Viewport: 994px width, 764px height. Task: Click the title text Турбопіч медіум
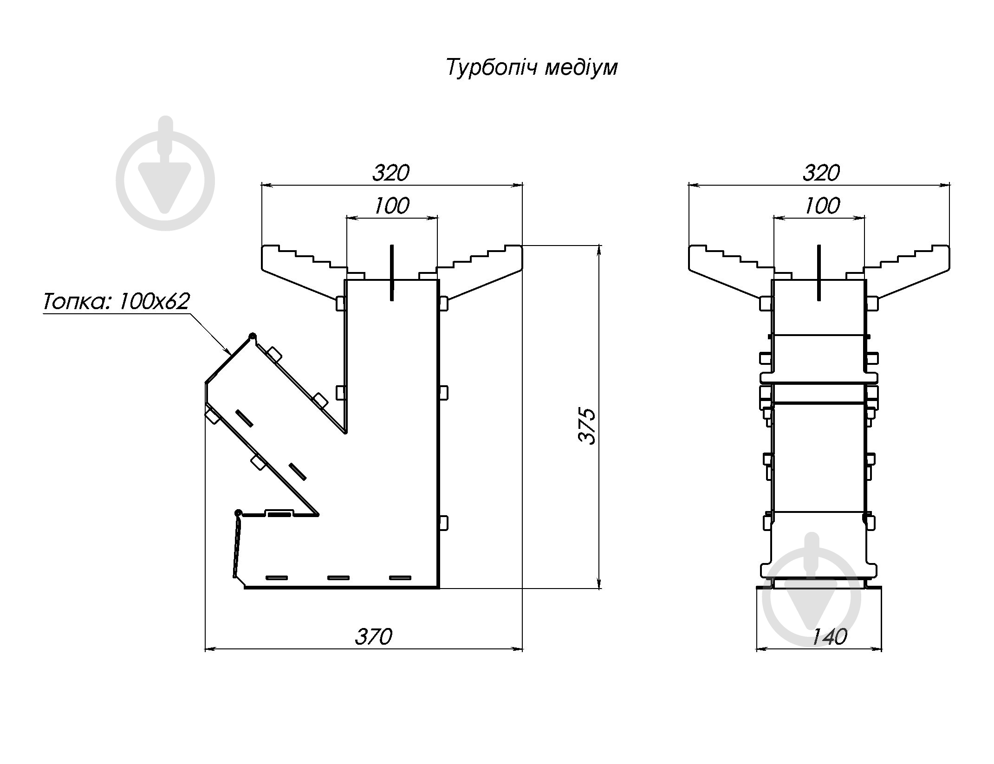pyautogui.click(x=532, y=68)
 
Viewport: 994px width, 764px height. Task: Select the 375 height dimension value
pyautogui.click(x=588, y=427)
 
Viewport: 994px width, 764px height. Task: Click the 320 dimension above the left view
pyautogui.click(x=391, y=173)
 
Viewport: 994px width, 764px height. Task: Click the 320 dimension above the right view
pyautogui.click(x=821, y=173)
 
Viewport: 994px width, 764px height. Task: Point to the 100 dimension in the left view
pyautogui.click(x=392, y=206)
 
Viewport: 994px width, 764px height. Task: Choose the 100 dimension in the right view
pyautogui.click(x=822, y=206)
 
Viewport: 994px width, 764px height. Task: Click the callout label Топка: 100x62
pyautogui.click(x=117, y=302)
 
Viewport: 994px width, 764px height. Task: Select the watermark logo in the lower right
pyautogui.click(x=812, y=598)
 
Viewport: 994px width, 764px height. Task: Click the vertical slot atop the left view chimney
pyautogui.click(x=392, y=272)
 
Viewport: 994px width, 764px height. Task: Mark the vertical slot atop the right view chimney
pyautogui.click(x=819, y=272)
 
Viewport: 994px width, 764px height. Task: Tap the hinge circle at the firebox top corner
pyautogui.click(x=253, y=336)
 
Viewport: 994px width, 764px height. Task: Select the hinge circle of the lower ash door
pyautogui.click(x=239, y=513)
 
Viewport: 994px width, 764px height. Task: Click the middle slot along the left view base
pyautogui.click(x=338, y=578)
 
